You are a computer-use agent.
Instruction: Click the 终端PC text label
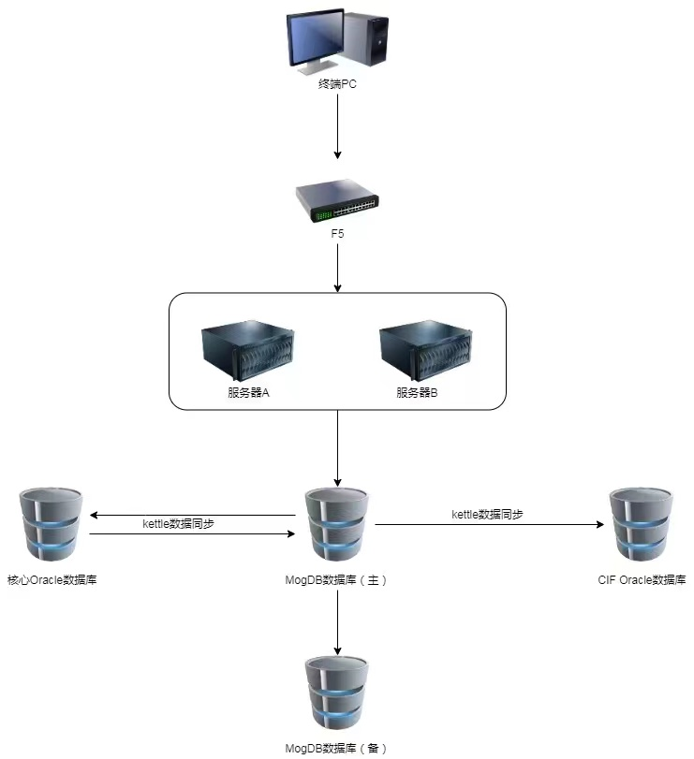coord(337,84)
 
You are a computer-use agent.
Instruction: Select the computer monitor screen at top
coord(315,40)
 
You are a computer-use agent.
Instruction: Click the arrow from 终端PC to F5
coord(337,126)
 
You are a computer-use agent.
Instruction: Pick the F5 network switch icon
coord(337,201)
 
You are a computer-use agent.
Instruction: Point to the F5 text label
coord(337,234)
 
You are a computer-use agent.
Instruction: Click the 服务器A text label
coord(248,393)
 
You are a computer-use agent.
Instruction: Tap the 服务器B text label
coord(417,393)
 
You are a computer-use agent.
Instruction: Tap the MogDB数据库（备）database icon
coord(337,694)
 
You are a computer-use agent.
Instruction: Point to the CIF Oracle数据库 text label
coord(642,580)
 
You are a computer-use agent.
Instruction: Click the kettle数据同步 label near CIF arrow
coord(487,515)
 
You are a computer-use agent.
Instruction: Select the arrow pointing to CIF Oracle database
coord(487,525)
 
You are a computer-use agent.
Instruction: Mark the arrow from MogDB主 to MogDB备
coord(337,622)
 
